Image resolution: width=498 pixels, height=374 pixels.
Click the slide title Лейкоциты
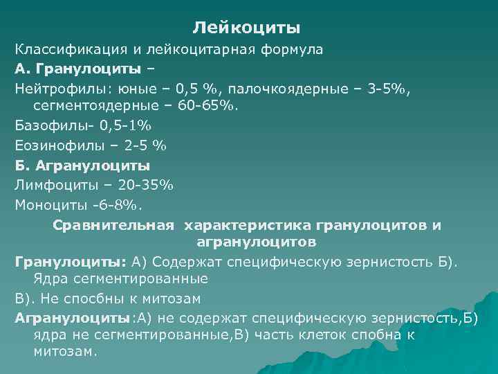pyautogui.click(x=246, y=28)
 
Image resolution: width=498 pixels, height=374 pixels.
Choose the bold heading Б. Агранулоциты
pyautogui.click(x=82, y=166)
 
